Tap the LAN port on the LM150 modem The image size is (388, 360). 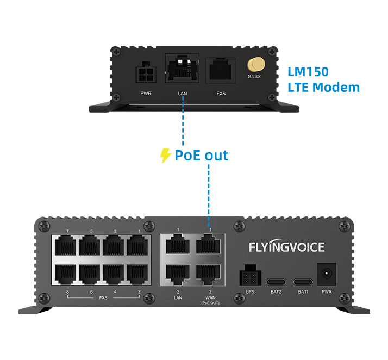pos(182,69)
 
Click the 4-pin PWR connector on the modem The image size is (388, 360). pos(146,73)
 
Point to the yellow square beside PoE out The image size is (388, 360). pos(166,156)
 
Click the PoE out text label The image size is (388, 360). pos(201,156)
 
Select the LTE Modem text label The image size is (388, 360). pos(323,87)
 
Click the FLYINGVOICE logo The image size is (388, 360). pos(286,247)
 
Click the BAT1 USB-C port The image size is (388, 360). pos(303,282)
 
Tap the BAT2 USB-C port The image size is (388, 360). pos(276,282)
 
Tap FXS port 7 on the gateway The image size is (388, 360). pos(67,245)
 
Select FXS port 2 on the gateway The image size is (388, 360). pos(139,274)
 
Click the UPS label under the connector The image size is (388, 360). pos(249,292)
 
